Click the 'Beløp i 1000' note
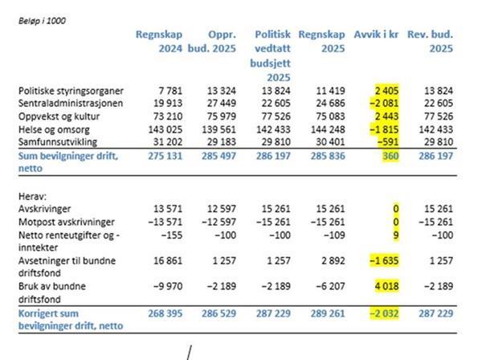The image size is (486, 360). tap(42, 21)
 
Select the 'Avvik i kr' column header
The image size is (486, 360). tap(376, 35)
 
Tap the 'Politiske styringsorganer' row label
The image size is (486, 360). tap(71, 91)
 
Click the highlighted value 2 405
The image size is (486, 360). tap(386, 91)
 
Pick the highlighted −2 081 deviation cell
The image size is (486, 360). tap(384, 103)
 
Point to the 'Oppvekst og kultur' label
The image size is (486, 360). tap(59, 117)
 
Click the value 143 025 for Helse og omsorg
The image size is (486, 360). tap(165, 129)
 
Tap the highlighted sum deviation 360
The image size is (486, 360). tap(390, 156)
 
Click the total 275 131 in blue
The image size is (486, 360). tap(165, 156)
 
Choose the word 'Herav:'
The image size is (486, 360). tap(32, 196)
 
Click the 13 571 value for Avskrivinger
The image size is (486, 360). tap(168, 209)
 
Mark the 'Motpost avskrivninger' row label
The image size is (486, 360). tap(67, 222)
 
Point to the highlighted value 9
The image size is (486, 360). tap(395, 235)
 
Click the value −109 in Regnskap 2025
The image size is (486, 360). tap(334, 235)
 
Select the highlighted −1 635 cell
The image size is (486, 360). tap(384, 260)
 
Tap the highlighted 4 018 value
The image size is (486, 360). tap(386, 286)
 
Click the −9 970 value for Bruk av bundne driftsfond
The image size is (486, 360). tap(168, 286)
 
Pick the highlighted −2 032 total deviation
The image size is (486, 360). tap(384, 313)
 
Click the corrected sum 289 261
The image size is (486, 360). tap(328, 313)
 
